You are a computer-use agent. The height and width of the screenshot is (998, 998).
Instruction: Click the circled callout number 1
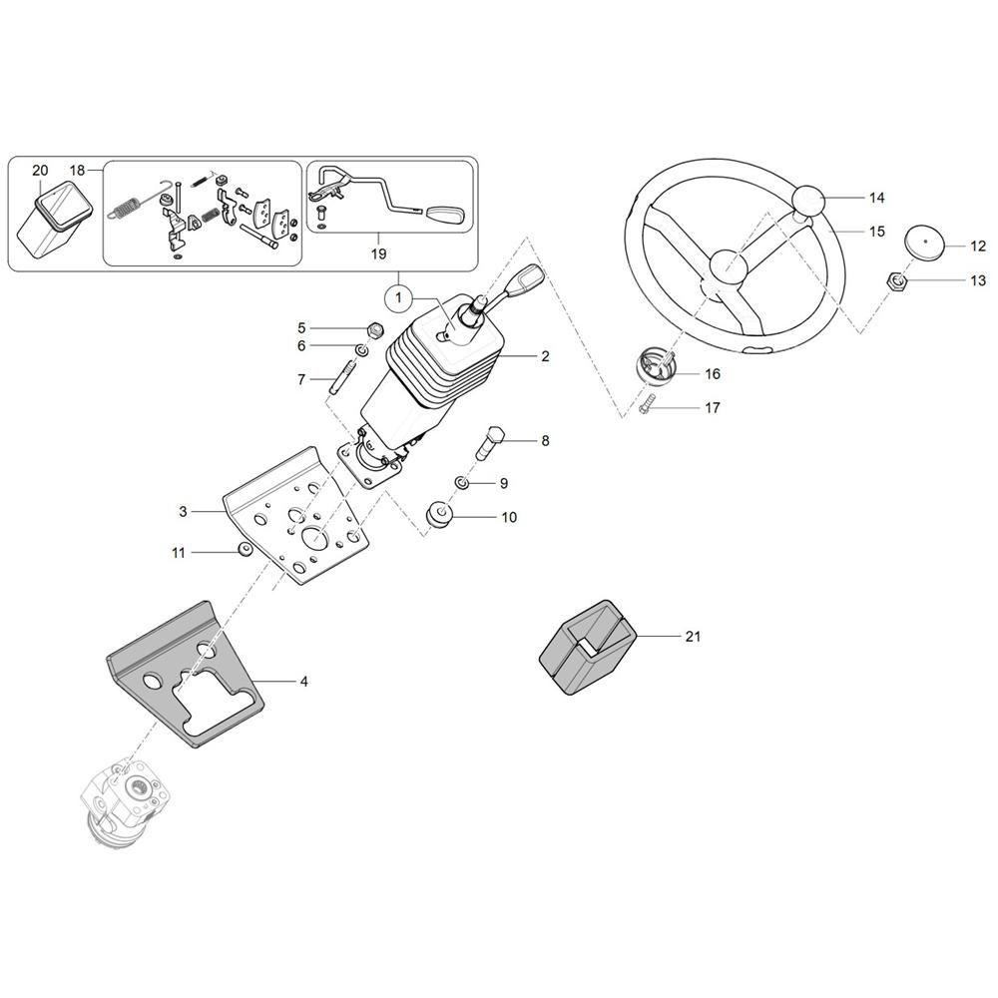pyautogui.click(x=397, y=296)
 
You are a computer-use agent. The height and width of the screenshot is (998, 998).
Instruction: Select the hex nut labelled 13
pyautogui.click(x=895, y=282)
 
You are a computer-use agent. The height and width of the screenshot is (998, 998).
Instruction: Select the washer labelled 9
pyautogui.click(x=463, y=483)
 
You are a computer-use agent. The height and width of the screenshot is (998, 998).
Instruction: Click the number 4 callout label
pyautogui.click(x=303, y=683)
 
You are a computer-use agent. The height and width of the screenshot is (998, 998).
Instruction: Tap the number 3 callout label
pyautogui.click(x=183, y=511)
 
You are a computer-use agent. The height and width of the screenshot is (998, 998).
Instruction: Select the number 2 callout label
pyautogui.click(x=544, y=356)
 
